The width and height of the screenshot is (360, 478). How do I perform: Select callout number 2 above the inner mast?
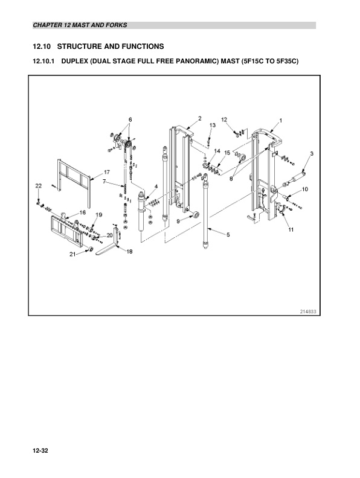click(199, 118)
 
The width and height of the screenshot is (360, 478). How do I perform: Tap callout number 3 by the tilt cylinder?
click(311, 155)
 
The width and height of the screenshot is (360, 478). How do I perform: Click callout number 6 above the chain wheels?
click(129, 119)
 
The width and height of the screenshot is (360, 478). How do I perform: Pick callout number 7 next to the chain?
click(104, 181)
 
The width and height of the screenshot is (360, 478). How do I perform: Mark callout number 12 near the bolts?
click(224, 119)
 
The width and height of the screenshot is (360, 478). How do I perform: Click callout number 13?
click(213, 124)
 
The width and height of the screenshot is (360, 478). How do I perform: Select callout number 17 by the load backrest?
click(106, 172)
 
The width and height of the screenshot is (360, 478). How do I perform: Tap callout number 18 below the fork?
click(129, 252)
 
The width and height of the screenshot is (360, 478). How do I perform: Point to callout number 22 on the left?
click(37, 185)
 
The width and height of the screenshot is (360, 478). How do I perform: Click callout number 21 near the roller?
click(72, 255)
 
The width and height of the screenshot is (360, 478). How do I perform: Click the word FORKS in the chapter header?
click(115, 25)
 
